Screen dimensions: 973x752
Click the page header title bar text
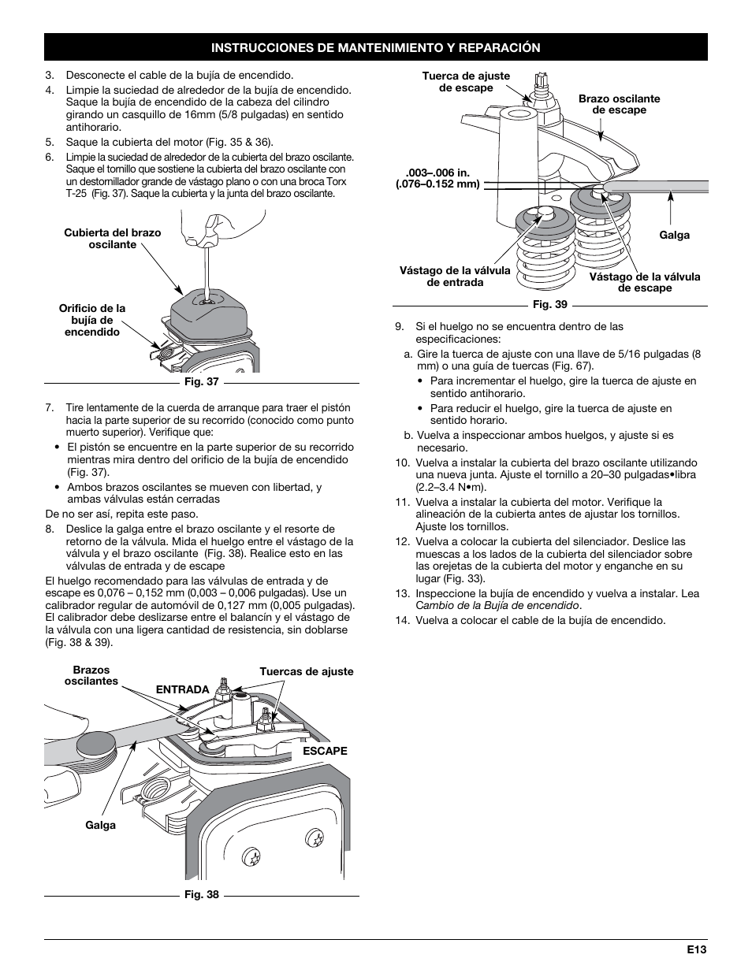pos(375,48)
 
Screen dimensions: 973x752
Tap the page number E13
pos(695,950)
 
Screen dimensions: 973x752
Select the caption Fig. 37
pos(202,383)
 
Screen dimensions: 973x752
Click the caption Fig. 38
pos(202,895)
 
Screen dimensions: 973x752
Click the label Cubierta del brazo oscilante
pos(112,239)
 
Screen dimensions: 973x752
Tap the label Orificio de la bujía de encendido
pos(92,320)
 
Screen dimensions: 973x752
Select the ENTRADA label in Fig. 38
pos(182,689)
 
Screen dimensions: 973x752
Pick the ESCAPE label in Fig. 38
pos(325,751)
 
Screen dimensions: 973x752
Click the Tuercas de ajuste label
pos(307,672)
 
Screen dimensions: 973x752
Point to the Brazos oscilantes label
pos(91,675)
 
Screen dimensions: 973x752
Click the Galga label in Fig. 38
pos(100,825)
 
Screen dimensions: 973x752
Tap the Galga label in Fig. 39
pos(674,235)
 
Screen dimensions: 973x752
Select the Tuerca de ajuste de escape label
pos(466,82)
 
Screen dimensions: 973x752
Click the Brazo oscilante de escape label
pos(619,105)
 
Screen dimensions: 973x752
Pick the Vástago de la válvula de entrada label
pos(455,276)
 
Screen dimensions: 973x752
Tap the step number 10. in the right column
pos(402,462)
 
